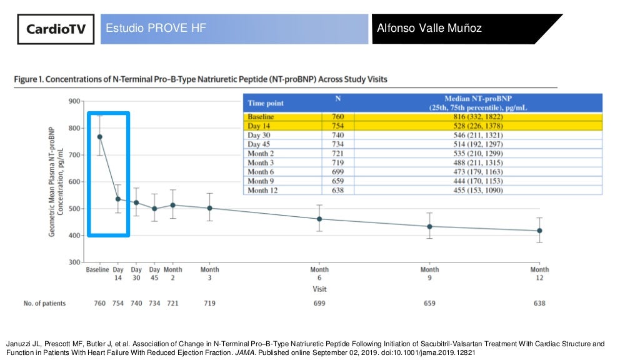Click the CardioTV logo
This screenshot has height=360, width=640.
(x=56, y=29)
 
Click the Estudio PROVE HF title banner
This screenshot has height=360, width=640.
(x=234, y=29)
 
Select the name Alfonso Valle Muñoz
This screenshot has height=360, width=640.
(x=429, y=29)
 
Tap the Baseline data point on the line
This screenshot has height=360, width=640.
(x=99, y=137)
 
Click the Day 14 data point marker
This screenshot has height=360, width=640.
(x=118, y=199)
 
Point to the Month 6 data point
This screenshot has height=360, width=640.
(x=319, y=219)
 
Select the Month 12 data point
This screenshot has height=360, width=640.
(x=539, y=231)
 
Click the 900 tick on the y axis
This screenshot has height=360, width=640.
(x=74, y=101)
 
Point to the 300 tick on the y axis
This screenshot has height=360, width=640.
(x=74, y=262)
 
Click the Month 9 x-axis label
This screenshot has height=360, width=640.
(x=429, y=274)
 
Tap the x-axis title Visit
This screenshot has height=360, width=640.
(x=319, y=289)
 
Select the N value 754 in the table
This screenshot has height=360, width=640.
(x=337, y=126)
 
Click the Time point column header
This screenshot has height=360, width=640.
(x=266, y=103)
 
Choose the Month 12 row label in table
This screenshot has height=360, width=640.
(x=262, y=190)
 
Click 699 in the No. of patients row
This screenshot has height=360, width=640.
(x=319, y=303)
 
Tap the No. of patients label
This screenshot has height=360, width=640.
(x=44, y=303)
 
